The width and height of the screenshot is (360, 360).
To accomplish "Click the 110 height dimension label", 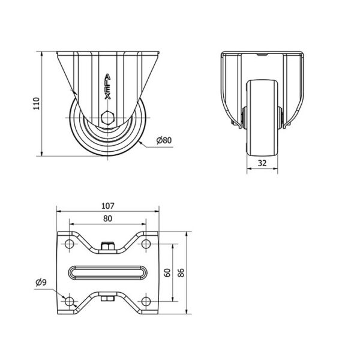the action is (37, 104).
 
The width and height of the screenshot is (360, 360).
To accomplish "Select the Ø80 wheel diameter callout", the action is (164, 140).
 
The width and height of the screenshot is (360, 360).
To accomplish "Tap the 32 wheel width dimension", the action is (262, 163).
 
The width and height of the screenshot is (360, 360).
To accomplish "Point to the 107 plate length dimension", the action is (107, 206).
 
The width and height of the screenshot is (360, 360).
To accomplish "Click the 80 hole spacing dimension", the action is (107, 218).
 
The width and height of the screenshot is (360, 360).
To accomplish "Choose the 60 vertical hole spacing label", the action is (168, 272).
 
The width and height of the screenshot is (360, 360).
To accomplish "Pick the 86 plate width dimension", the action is (181, 273).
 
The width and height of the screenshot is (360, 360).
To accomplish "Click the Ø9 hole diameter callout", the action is (41, 282).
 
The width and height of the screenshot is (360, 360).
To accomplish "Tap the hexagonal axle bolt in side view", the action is (107, 118).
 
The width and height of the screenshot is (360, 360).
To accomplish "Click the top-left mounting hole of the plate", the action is (70, 244).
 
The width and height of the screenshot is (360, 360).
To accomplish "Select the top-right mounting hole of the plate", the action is (146, 244).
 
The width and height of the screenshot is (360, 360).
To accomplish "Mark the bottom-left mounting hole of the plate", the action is (70, 301).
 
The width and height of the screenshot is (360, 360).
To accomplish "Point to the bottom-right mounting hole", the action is (146, 301).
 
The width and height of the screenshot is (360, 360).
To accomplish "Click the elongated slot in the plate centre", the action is (107, 272).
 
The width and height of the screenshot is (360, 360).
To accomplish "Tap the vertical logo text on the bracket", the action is (107, 86).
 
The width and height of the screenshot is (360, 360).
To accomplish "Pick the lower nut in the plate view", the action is (107, 298).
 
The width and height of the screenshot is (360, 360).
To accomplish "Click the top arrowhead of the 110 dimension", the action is (42, 54).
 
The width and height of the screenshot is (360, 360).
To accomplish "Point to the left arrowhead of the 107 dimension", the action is (59, 211).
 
